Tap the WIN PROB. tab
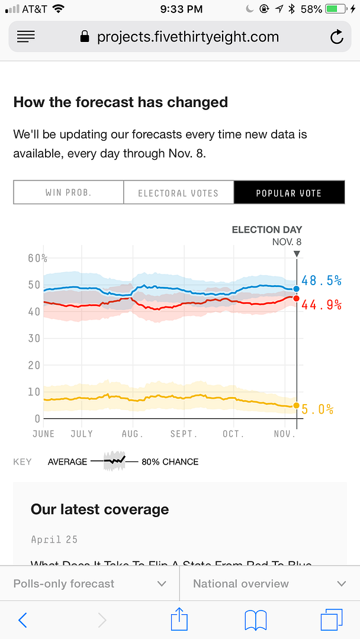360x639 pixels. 68,193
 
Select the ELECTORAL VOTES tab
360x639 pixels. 178,193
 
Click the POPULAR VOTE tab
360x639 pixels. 289,193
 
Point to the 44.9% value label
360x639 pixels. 322,305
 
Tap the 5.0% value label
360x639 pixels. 318,409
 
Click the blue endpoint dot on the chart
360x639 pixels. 296,289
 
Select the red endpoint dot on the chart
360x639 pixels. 296,298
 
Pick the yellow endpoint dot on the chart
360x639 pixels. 296,405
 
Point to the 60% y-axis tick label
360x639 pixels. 37,258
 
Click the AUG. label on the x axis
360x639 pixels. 133,434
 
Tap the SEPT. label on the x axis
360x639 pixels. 184,434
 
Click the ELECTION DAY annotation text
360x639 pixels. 266,230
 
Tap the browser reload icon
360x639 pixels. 336,37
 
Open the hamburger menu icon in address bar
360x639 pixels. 26,37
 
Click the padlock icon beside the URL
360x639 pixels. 85,37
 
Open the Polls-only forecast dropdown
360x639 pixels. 89,583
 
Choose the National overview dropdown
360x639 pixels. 269,583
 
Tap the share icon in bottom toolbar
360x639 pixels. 179,619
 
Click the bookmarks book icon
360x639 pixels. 256,620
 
